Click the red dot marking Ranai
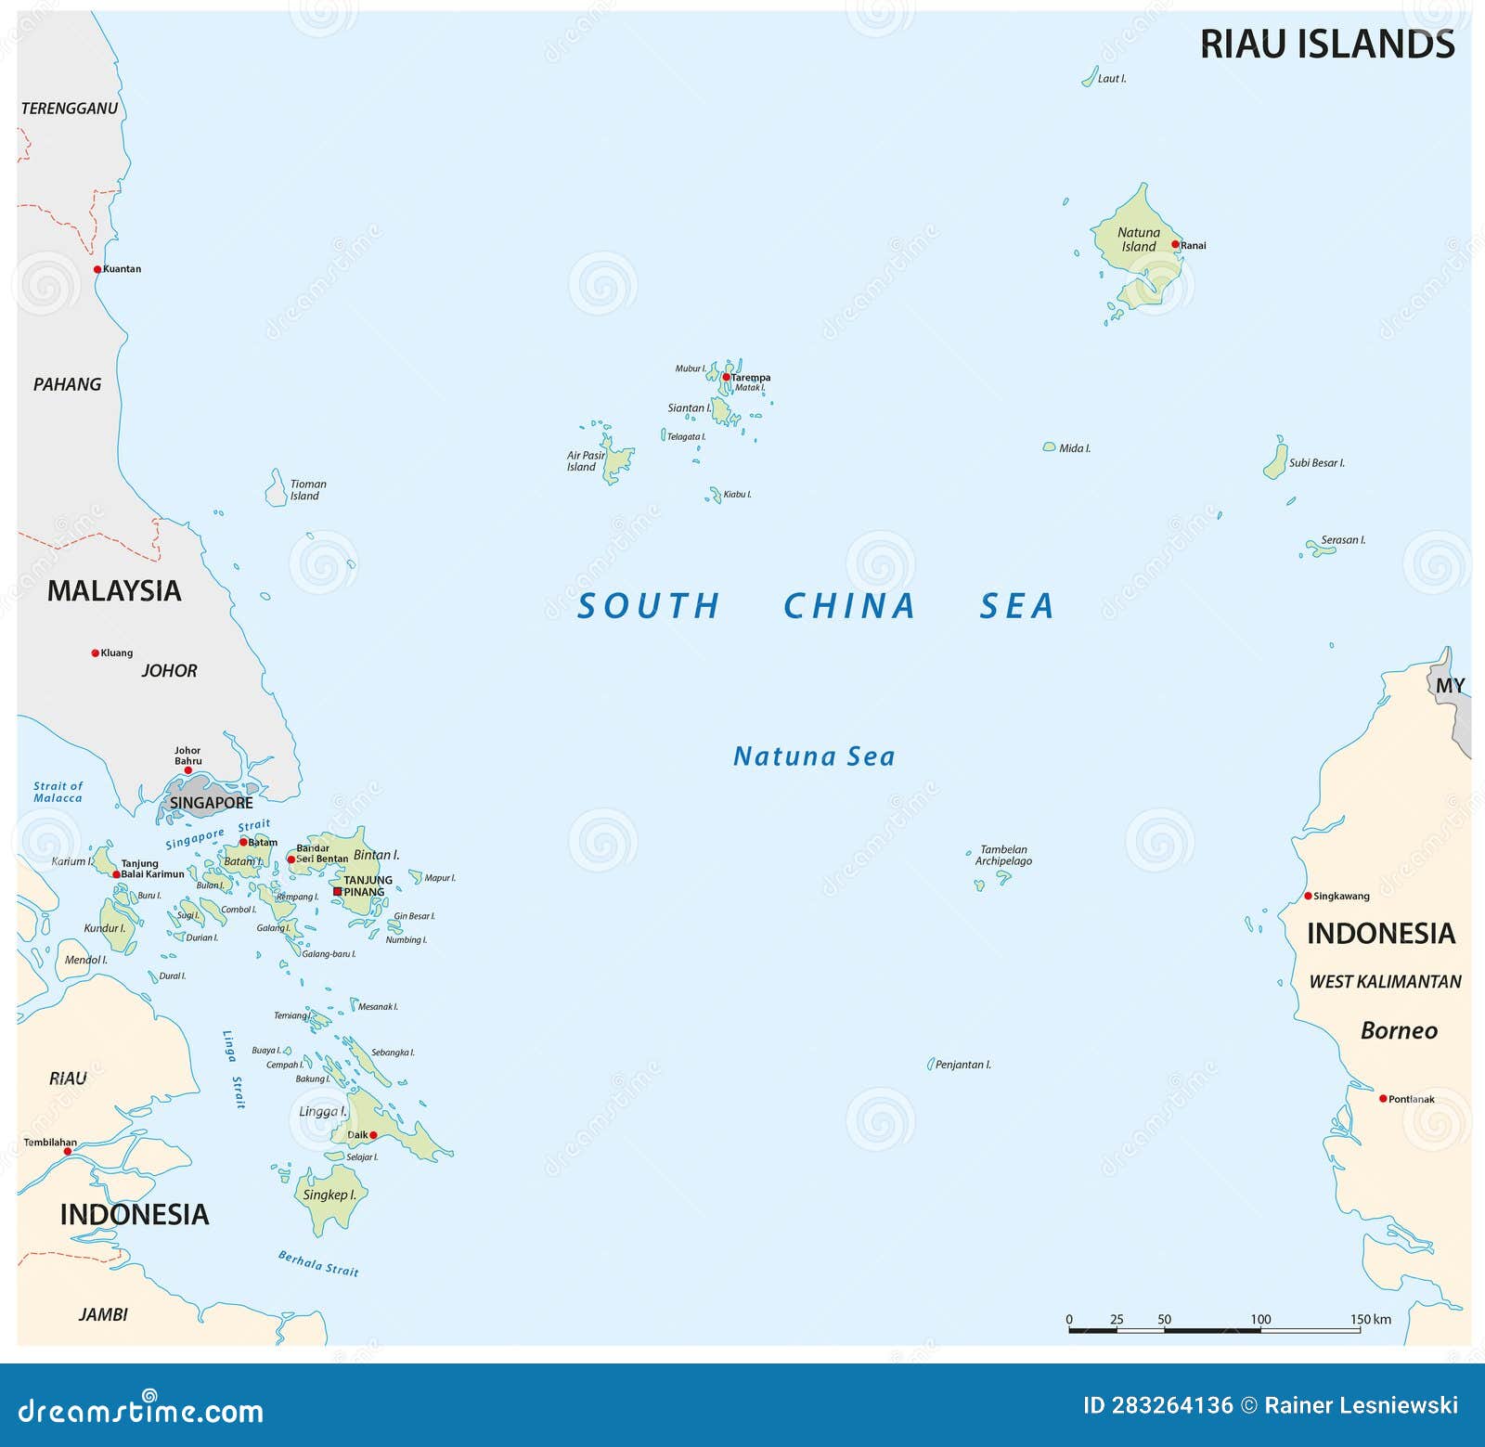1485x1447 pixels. [x=1175, y=245]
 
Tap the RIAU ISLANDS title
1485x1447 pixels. [x=1326, y=45]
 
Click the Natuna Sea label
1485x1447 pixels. [x=814, y=756]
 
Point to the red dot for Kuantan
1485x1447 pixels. [x=97, y=269]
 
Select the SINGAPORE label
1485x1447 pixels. [x=211, y=803]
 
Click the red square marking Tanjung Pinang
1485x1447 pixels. [x=338, y=891]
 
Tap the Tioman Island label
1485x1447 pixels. [x=307, y=490]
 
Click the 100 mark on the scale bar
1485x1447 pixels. [x=1260, y=1319]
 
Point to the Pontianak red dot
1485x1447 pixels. [x=1383, y=1099]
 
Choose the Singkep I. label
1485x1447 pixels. [x=329, y=1195]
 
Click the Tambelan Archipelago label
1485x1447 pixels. [x=1002, y=855]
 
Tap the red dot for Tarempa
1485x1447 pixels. [x=726, y=377]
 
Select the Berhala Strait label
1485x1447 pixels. [x=318, y=1263]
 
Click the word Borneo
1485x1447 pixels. [x=1398, y=1030]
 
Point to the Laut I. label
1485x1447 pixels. [x=1111, y=79]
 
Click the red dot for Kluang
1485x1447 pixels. [x=95, y=653]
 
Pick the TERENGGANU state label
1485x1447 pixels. [x=70, y=109]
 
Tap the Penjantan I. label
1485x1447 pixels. [x=962, y=1065]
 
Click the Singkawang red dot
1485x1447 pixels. [x=1308, y=896]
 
